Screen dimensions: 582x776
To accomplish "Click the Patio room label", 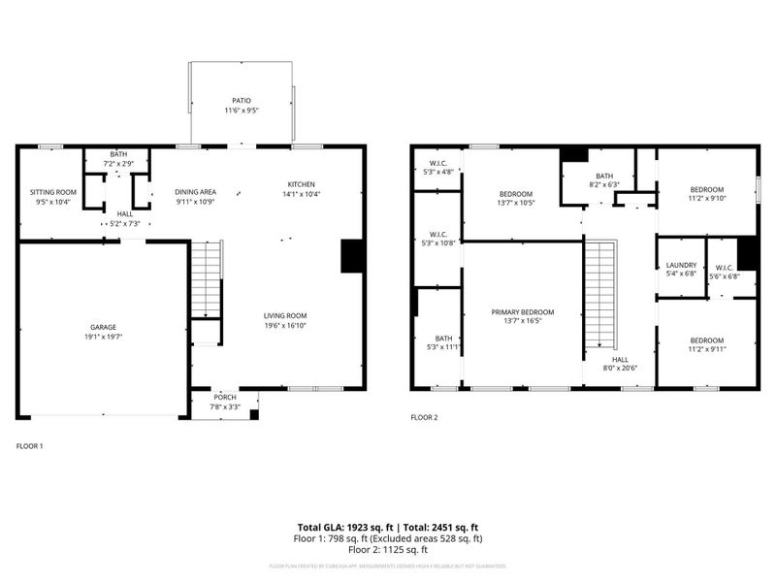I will tap(242, 100).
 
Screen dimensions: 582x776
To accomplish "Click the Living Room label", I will tap(285, 315).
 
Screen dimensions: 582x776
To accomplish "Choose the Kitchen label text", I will tap(301, 185).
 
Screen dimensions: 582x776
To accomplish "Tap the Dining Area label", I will tap(195, 192).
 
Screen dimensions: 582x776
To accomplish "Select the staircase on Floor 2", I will tap(600, 296).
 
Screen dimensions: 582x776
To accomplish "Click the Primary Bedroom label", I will tap(522, 312).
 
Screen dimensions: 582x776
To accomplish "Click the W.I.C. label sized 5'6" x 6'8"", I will tap(722, 267).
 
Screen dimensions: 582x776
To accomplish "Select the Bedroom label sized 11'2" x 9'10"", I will tap(706, 189).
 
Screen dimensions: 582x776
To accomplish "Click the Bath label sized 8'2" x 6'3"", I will tap(603, 176).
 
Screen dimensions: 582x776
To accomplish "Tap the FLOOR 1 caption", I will tap(30, 446).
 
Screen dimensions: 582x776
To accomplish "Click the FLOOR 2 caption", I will tap(424, 418).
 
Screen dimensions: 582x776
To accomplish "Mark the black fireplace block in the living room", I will tap(352, 256).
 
